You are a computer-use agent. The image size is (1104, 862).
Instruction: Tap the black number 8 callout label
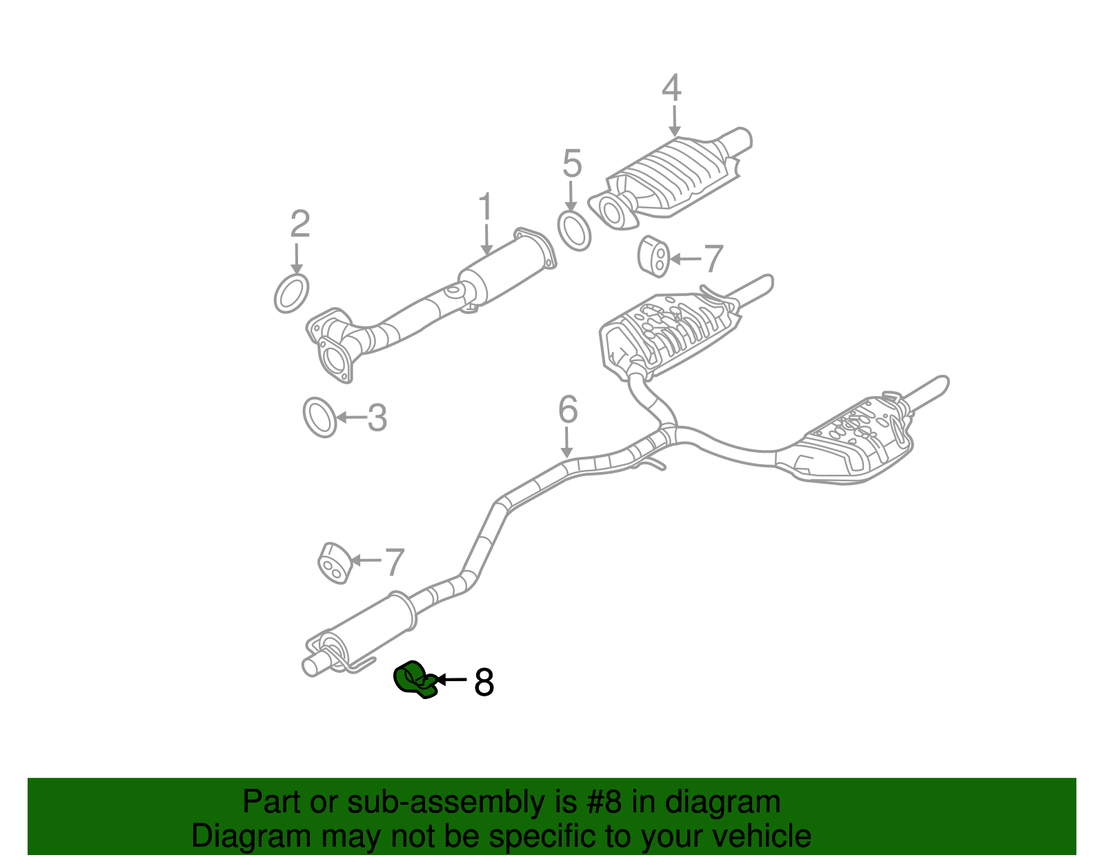pyautogui.click(x=484, y=683)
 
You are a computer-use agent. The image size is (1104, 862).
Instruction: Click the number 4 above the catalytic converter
pyautogui.click(x=671, y=88)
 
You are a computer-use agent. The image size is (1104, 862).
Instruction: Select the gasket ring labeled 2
pyautogui.click(x=291, y=293)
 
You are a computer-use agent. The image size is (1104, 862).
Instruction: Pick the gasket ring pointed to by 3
pyautogui.click(x=319, y=417)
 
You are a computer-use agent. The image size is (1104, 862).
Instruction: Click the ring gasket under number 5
pyautogui.click(x=574, y=231)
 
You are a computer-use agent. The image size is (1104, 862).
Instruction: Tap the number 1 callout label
pyautogui.click(x=486, y=208)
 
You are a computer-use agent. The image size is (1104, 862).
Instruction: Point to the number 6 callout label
pyautogui.click(x=567, y=409)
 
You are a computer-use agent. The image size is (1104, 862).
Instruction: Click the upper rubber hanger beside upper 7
pyautogui.click(x=653, y=257)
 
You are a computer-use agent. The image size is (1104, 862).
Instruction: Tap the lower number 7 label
pyautogui.click(x=394, y=562)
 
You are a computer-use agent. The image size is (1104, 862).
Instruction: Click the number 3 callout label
pyautogui.click(x=377, y=418)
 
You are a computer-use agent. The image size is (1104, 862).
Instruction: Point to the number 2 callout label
pyautogui.click(x=299, y=224)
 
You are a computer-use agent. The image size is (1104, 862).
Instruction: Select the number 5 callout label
pyautogui.click(x=572, y=164)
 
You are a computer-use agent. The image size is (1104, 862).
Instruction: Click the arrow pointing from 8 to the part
pyautogui.click(x=451, y=680)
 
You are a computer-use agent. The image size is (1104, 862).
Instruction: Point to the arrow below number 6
pyautogui.click(x=566, y=442)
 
